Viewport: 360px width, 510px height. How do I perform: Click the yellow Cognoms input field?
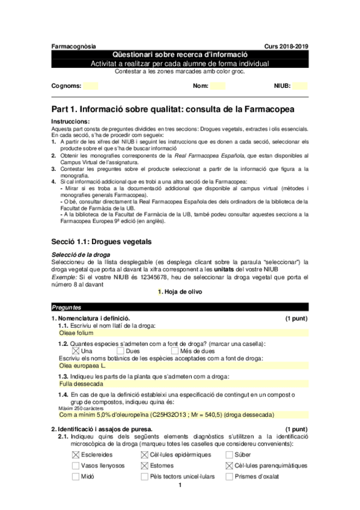(x=91, y=86)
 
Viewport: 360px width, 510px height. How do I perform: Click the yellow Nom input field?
(x=218, y=86)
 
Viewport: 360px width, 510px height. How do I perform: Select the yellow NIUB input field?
(x=299, y=86)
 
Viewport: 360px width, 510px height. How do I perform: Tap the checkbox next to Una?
(x=75, y=351)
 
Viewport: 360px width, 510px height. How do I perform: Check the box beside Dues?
(x=121, y=351)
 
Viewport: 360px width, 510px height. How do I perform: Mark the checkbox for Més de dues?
(x=175, y=351)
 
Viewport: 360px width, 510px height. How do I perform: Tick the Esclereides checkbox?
(x=75, y=455)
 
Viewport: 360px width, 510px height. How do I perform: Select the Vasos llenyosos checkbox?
(x=75, y=465)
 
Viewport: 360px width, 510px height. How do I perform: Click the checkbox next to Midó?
(x=75, y=476)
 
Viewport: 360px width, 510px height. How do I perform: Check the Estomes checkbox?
(x=145, y=465)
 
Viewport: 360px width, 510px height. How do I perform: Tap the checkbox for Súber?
(x=230, y=455)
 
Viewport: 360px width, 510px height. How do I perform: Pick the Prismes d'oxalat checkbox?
(x=230, y=476)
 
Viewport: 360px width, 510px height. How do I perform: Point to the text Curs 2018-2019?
(x=286, y=46)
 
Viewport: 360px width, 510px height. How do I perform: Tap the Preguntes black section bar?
(x=180, y=307)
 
